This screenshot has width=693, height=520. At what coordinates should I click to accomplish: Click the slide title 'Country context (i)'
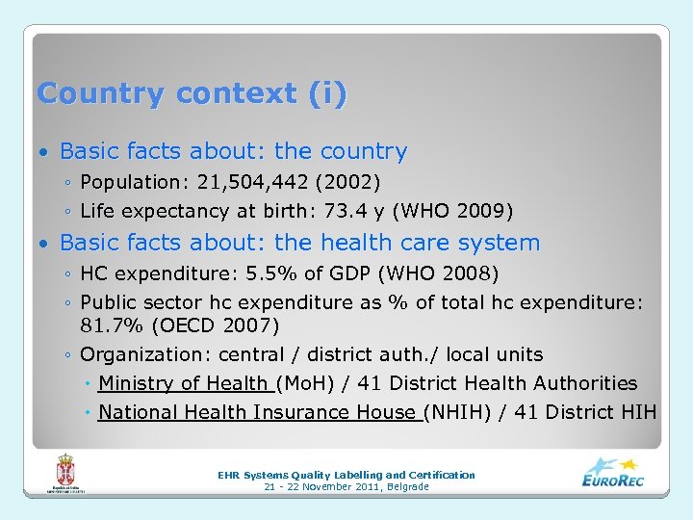(192, 94)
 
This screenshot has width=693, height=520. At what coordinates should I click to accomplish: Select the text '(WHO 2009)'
(452, 211)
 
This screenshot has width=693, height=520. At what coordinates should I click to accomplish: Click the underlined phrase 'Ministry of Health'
(184, 383)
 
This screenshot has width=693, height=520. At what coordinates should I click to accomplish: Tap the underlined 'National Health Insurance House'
(257, 412)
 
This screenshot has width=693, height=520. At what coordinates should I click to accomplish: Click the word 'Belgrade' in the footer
(405, 487)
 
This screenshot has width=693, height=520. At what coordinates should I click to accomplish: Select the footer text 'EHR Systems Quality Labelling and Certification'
(346, 475)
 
